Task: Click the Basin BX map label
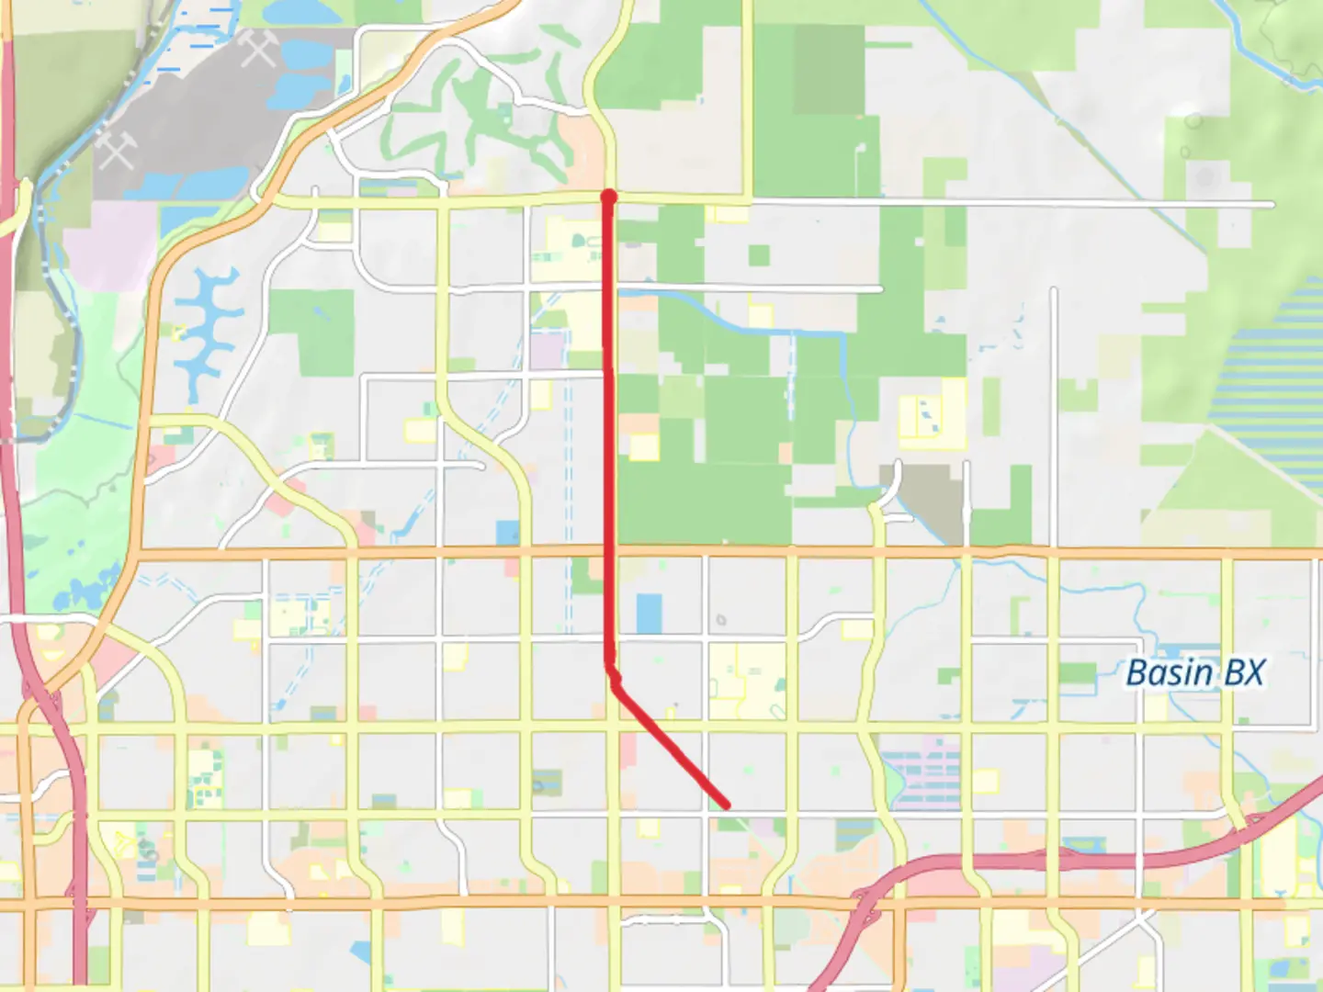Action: (1194, 673)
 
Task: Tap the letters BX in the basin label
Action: (1244, 673)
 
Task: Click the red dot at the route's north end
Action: (607, 196)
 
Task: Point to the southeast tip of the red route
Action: (727, 806)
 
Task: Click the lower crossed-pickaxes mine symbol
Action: (117, 149)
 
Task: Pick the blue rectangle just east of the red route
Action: (649, 614)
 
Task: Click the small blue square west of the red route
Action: (507, 533)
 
